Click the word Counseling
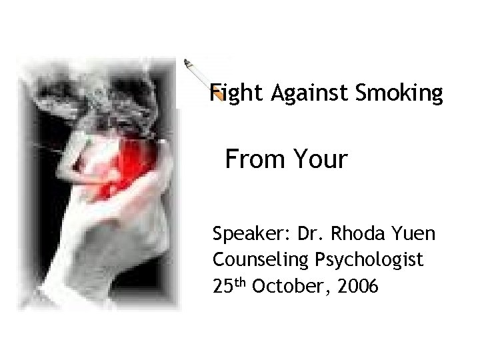click(262, 259)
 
